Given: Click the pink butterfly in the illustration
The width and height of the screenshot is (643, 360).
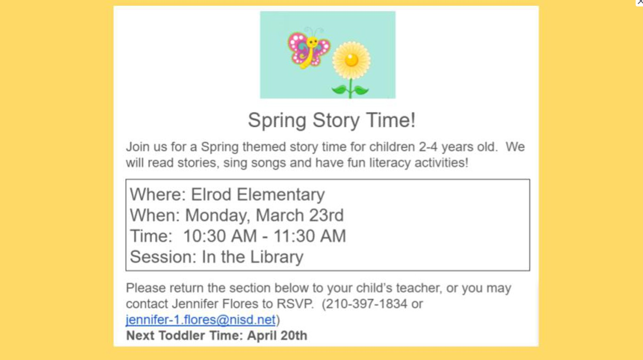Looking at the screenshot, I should pyautogui.click(x=309, y=48).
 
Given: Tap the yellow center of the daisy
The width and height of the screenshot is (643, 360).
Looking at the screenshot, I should pyautogui.click(x=352, y=60).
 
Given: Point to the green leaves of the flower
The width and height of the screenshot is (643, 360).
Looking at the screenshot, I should pyautogui.click(x=350, y=90).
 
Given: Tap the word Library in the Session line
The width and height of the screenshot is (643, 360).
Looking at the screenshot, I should pyautogui.click(x=277, y=257).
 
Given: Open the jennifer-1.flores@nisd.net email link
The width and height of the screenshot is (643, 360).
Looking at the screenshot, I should pyautogui.click(x=200, y=320).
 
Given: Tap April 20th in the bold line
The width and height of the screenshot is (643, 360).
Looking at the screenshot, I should pyautogui.click(x=277, y=336).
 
